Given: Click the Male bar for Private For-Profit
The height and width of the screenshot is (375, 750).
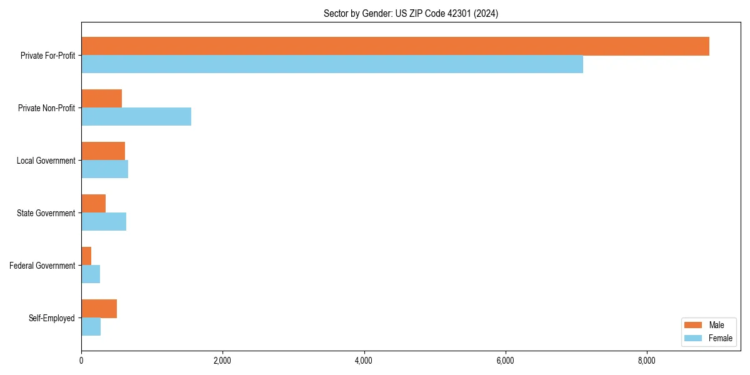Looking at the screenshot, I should [x=395, y=46].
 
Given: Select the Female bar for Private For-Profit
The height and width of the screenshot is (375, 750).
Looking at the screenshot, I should [x=332, y=64].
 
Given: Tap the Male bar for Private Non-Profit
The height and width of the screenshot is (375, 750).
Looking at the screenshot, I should [x=101, y=99].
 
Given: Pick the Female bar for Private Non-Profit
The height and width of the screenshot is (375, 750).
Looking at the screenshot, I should [x=136, y=116].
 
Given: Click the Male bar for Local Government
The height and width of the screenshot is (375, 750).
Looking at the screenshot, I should [x=103, y=151].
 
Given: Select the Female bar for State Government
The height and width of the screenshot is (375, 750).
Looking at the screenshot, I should [x=104, y=221].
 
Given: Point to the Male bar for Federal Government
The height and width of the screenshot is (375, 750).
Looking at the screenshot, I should [x=86, y=256].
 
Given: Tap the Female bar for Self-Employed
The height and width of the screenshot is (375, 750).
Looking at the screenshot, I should [x=91, y=326].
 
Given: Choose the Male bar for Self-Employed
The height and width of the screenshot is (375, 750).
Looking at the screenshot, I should [x=99, y=309].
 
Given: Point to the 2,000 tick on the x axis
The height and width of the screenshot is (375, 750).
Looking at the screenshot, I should [x=222, y=361].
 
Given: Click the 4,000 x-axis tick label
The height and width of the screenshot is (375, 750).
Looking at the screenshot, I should [x=364, y=361].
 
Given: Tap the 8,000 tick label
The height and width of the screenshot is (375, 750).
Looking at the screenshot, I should [x=646, y=361].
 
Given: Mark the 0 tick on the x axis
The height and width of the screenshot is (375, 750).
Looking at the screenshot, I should [x=81, y=361].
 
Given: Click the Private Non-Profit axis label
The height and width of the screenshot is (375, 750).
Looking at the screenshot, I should [x=46, y=108].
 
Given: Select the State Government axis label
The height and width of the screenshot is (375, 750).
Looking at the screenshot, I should [x=46, y=213].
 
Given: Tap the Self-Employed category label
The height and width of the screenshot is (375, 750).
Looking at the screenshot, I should [x=51, y=318].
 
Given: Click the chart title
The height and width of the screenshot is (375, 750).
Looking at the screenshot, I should [x=411, y=13].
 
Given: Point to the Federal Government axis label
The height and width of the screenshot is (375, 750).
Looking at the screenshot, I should [x=42, y=266].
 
